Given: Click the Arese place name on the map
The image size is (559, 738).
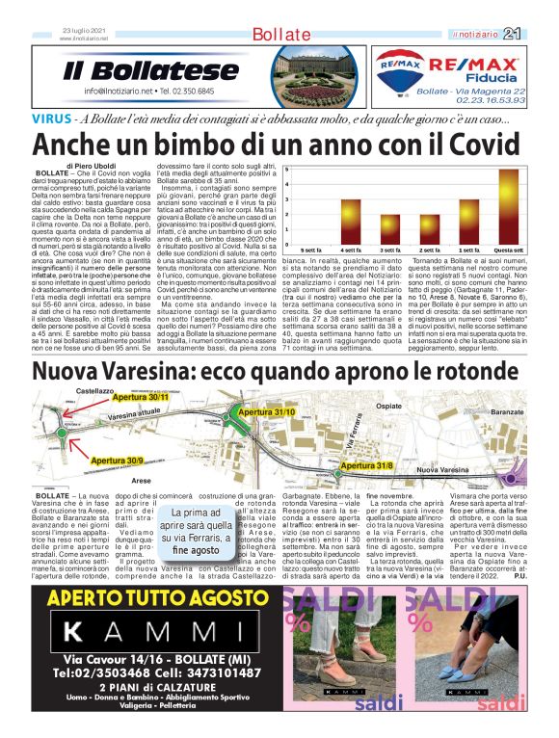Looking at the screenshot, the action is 142,479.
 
